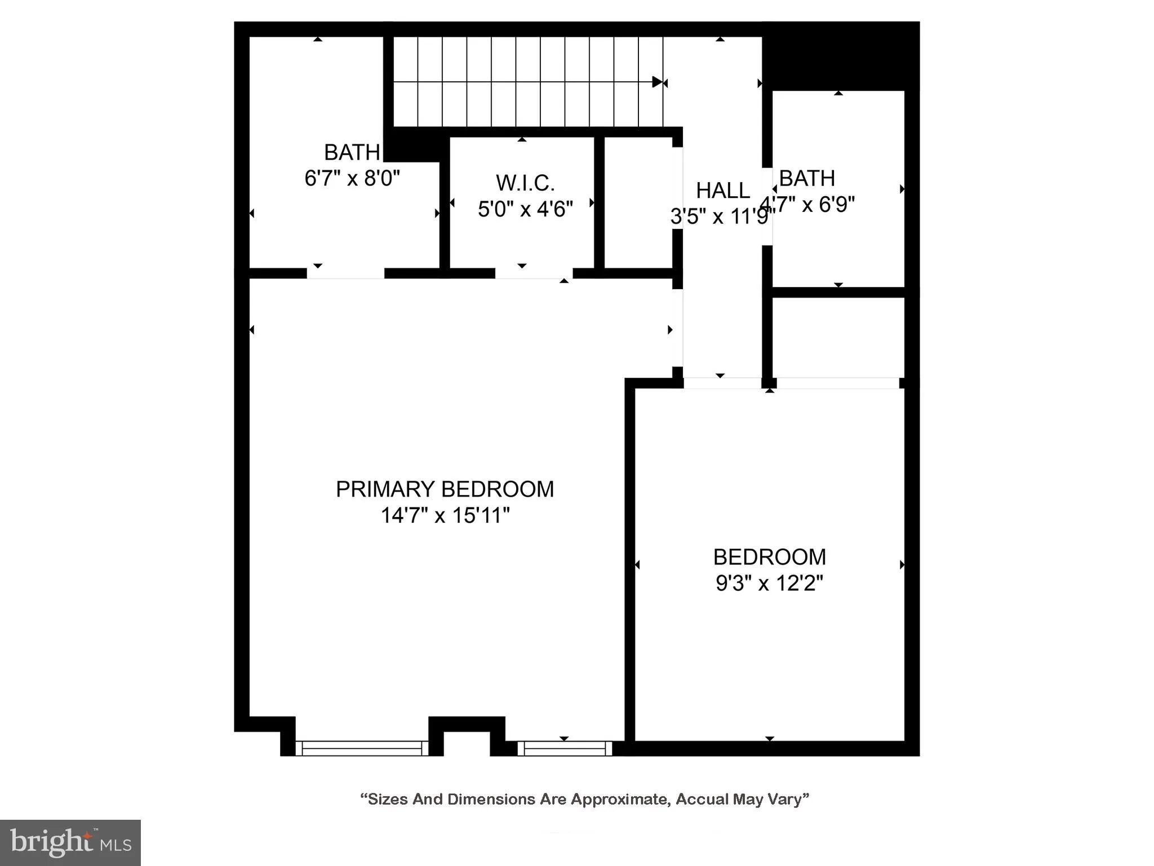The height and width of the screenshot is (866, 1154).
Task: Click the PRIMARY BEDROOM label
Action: click(445, 489)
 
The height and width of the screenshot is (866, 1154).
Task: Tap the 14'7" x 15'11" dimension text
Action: click(445, 515)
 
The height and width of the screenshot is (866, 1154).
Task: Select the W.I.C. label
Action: click(525, 183)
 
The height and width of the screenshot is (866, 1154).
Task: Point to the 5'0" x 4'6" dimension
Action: click(525, 209)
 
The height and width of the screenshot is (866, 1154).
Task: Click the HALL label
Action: click(722, 191)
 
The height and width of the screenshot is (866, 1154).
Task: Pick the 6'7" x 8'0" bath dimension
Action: click(352, 178)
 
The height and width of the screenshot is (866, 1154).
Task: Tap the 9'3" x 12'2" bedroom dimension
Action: click(769, 583)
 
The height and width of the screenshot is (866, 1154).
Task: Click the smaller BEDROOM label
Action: click(769, 557)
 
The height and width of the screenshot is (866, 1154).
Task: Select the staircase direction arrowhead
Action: click(658, 82)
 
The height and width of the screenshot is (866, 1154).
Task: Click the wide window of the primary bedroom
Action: click(362, 748)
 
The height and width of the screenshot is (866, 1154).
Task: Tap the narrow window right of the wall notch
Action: click(565, 748)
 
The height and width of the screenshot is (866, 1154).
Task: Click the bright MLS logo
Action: click(70, 842)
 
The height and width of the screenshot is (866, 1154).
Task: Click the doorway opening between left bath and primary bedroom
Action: click(345, 273)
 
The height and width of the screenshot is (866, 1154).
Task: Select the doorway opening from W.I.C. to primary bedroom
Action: click(534, 273)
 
